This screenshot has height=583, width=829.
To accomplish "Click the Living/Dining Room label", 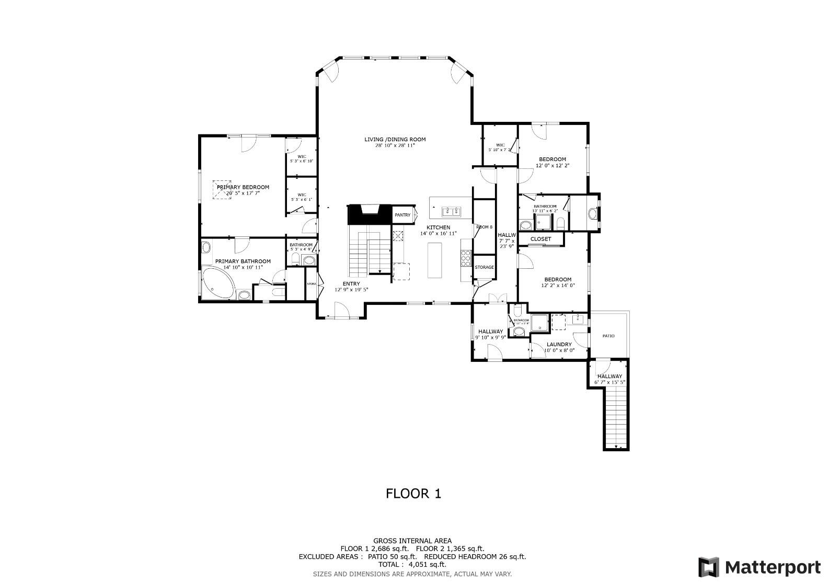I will click(x=395, y=140).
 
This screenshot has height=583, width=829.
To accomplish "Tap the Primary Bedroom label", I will click(x=243, y=187).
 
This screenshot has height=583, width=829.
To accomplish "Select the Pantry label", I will click(x=402, y=215).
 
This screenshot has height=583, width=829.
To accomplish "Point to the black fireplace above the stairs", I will click(x=370, y=214).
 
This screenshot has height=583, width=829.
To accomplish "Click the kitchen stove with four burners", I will click(x=466, y=258).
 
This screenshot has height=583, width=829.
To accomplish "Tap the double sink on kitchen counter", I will click(x=450, y=211).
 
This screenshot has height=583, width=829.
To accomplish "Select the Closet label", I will click(x=540, y=239).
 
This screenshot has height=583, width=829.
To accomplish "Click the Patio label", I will click(x=608, y=336).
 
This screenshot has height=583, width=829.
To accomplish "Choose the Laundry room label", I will click(x=559, y=345).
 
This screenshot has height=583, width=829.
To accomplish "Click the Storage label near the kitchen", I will click(x=484, y=267).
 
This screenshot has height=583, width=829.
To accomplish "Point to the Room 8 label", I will click(x=484, y=227).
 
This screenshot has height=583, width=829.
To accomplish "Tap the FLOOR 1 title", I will click(x=413, y=493).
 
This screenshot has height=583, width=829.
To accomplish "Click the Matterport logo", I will click(x=759, y=567).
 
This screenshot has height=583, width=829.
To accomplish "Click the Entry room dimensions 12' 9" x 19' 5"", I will click(x=351, y=290).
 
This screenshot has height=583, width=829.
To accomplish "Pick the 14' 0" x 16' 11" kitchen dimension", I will click(x=438, y=234).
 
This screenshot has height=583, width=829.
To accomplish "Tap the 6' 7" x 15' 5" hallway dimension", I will click(x=609, y=382).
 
